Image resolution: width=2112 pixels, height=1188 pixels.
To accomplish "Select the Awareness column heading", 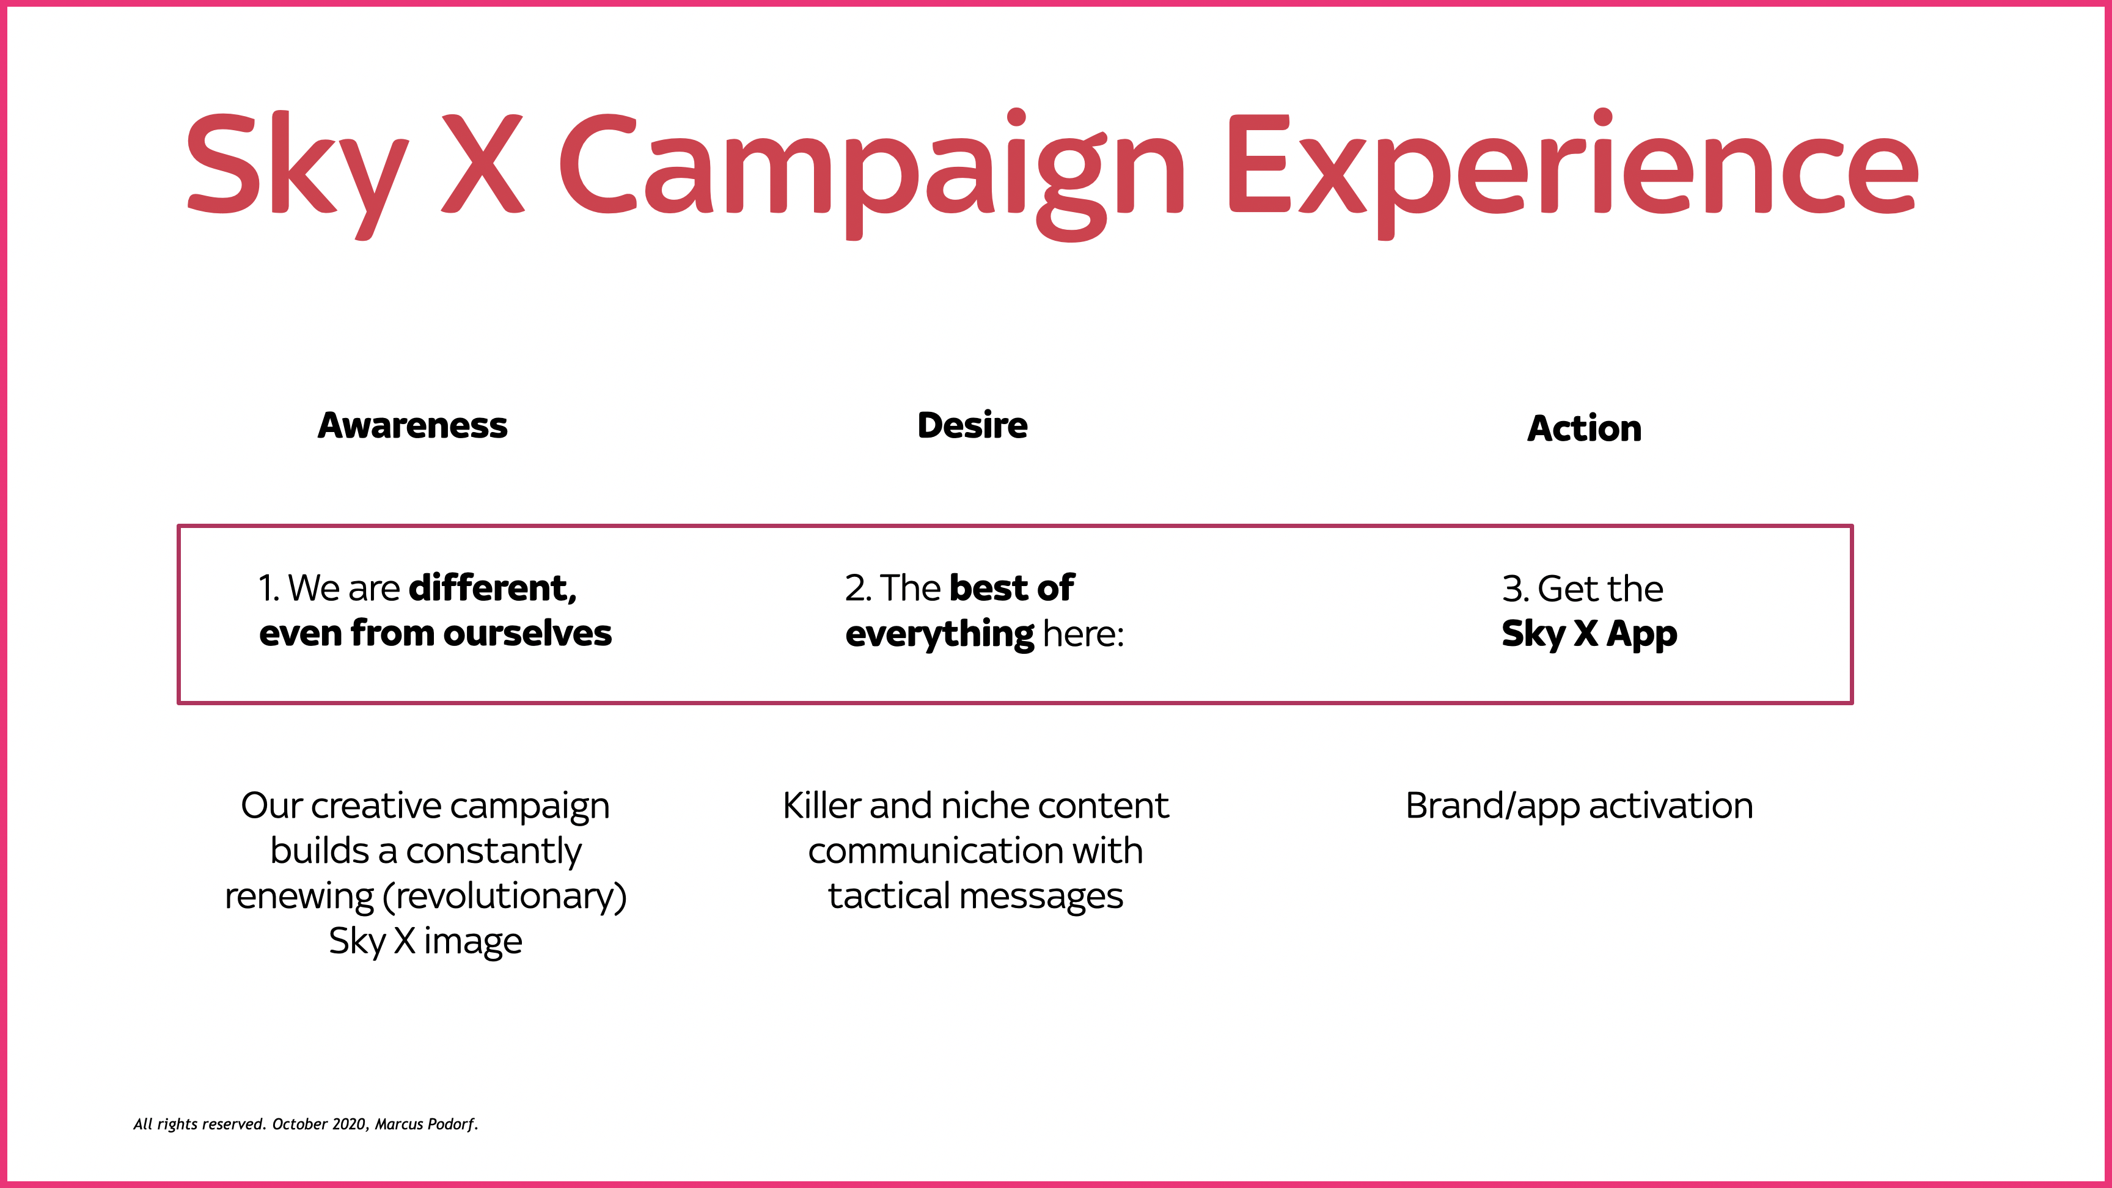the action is tap(413, 425).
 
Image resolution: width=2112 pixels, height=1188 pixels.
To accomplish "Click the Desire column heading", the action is tap(972, 425).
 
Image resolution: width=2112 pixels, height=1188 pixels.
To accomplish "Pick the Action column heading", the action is tap(1584, 428).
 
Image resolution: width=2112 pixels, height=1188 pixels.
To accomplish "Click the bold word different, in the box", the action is tap(493, 588).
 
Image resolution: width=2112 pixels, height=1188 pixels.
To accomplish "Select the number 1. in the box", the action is tap(269, 588).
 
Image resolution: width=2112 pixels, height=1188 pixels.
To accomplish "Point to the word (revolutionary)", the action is tap(504, 896).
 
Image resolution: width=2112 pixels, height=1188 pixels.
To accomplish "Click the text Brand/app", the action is tap(1493, 807).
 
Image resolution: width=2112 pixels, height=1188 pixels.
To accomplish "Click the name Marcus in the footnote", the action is tap(398, 1124).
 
